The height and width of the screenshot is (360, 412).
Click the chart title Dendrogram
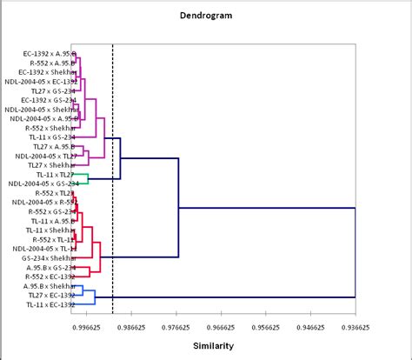(205, 15)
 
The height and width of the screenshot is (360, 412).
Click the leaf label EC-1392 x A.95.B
(49, 54)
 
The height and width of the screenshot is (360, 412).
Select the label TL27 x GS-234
(52, 90)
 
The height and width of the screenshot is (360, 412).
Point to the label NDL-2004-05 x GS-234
(43, 183)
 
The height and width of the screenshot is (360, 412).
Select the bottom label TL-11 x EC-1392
(50, 305)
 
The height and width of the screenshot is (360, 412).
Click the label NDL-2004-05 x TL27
(48, 156)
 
